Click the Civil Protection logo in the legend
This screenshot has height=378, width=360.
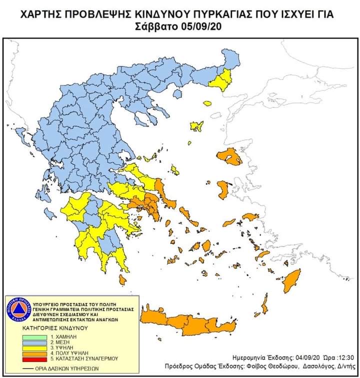pyautogui.click(x=18, y=310)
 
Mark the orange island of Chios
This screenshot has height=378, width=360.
pyautogui.click(x=223, y=189)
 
